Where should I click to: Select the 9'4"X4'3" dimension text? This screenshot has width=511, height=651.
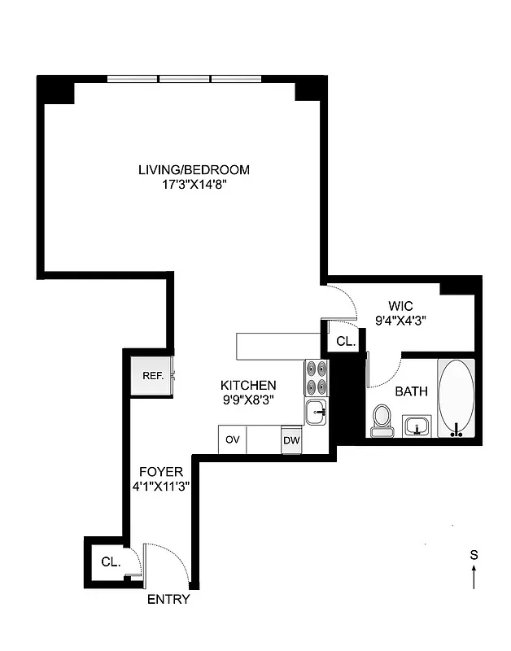[401, 321]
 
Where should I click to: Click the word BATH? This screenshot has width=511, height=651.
[411, 391]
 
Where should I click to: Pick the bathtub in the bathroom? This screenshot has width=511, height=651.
[458, 398]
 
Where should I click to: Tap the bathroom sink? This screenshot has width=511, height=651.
[419, 426]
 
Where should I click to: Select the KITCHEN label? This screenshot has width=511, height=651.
[249, 385]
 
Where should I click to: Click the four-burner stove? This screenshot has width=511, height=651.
[316, 378]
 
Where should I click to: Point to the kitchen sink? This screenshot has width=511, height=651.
[316, 412]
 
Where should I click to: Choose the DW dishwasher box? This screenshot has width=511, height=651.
[291, 440]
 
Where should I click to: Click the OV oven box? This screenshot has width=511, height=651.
[233, 439]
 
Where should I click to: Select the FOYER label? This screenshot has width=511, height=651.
[160, 472]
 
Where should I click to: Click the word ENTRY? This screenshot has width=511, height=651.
[168, 600]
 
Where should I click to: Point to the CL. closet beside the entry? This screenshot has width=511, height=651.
[109, 561]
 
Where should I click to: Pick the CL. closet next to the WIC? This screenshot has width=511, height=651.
[346, 342]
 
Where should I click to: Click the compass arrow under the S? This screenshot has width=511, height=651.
[474, 577]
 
